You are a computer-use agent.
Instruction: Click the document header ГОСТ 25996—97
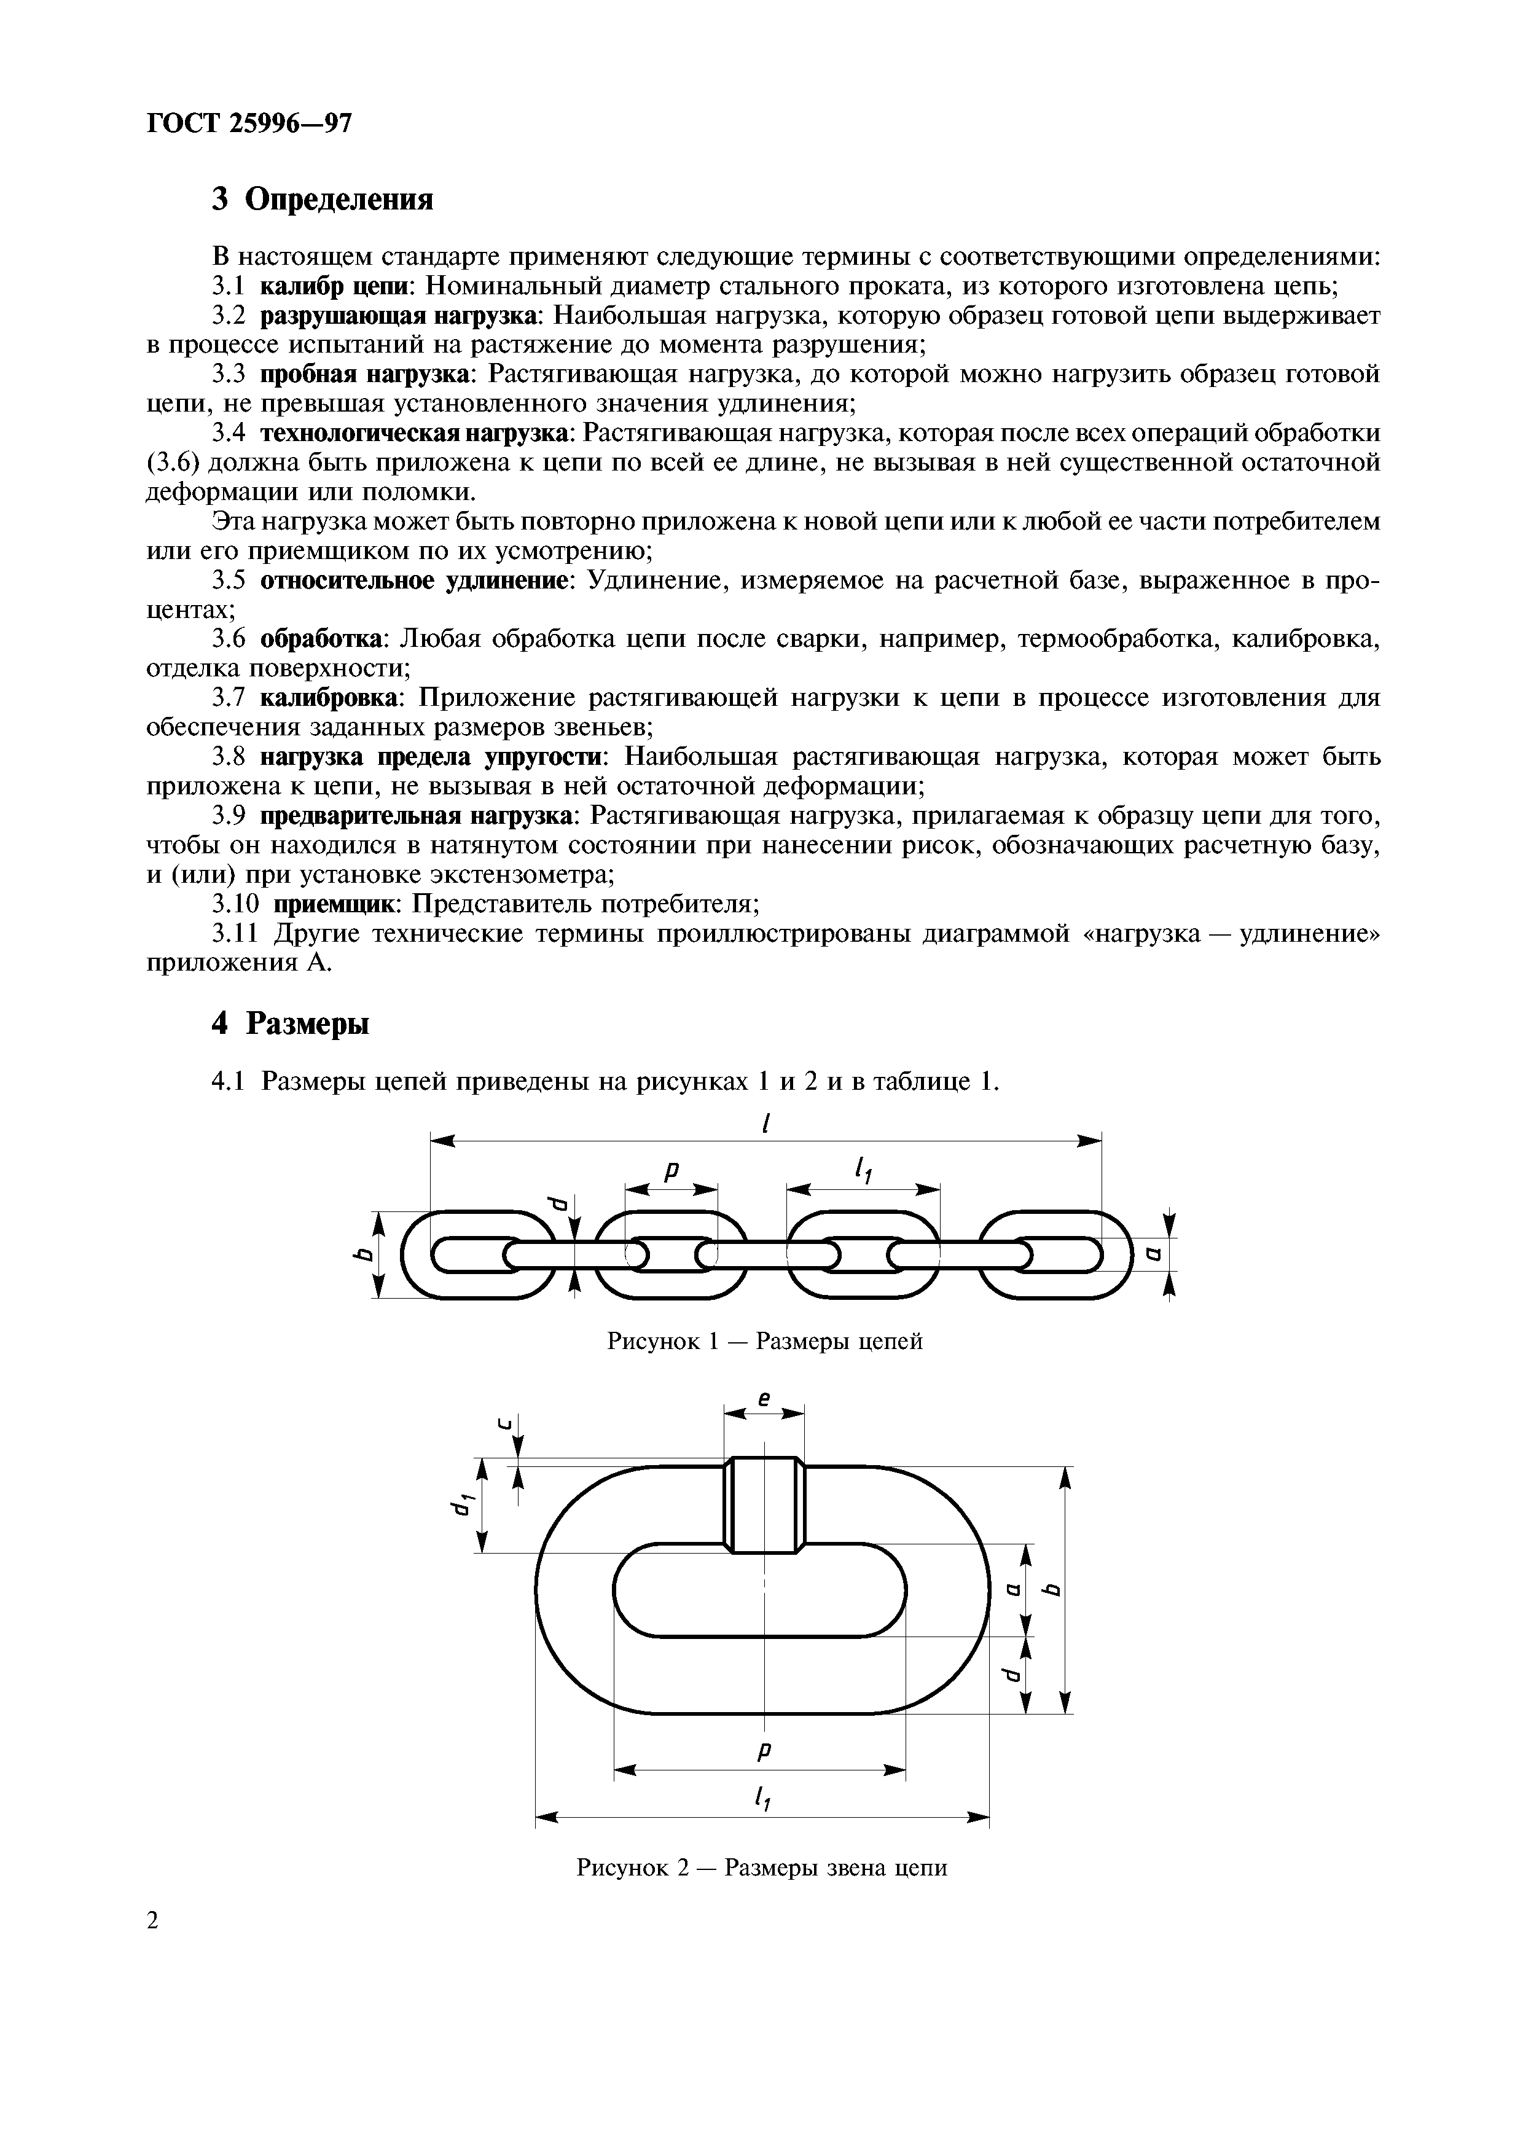(x=249, y=123)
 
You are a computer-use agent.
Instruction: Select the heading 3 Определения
(x=323, y=199)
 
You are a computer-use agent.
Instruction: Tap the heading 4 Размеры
(x=290, y=1022)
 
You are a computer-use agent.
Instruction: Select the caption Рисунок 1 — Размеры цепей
(x=765, y=1341)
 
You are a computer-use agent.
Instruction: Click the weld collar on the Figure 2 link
(x=764, y=1504)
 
